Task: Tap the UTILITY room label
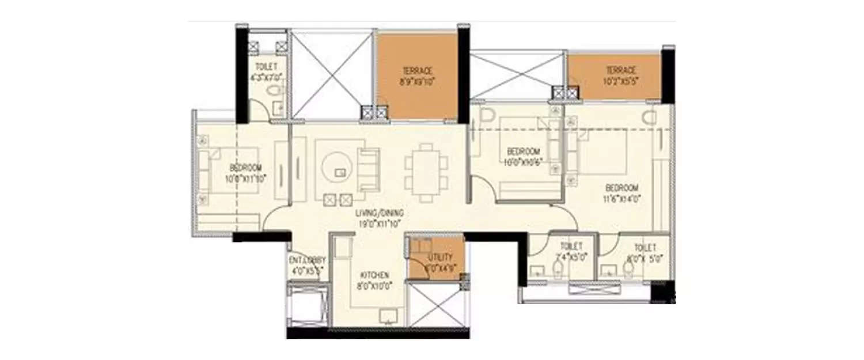click(440, 262)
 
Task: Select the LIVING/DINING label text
click(379, 218)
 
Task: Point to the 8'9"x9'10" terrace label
click(418, 76)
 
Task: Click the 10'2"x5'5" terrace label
click(620, 75)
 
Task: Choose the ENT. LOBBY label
click(306, 264)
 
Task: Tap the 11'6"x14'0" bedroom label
click(622, 194)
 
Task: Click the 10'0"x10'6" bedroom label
click(523, 156)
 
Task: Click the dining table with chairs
click(426, 172)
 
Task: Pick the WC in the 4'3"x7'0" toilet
click(275, 91)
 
